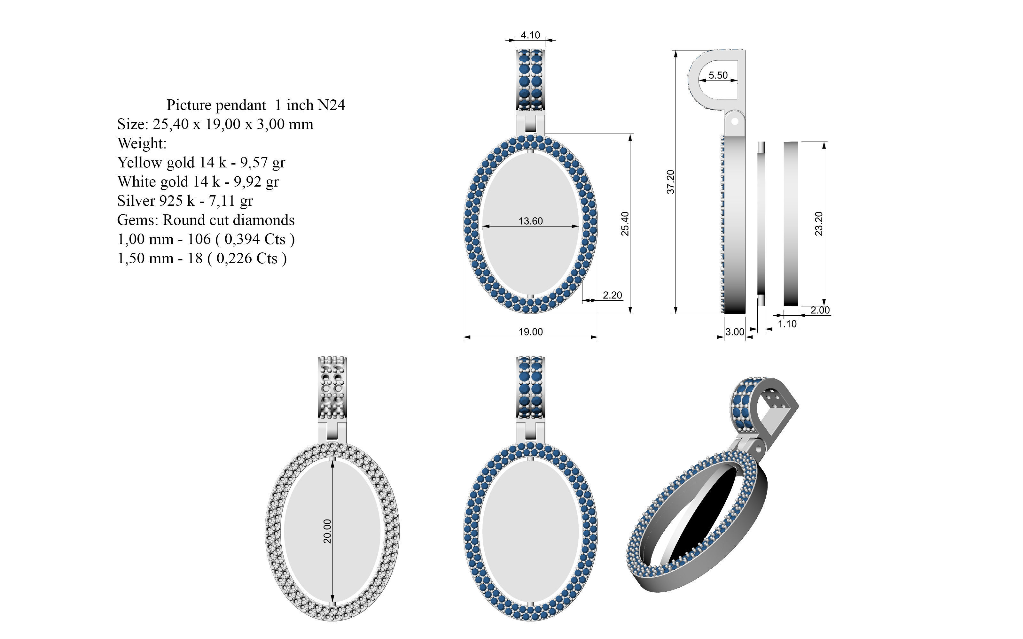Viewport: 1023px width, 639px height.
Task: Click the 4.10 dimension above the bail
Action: click(x=530, y=35)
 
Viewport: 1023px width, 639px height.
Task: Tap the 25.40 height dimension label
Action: click(x=625, y=224)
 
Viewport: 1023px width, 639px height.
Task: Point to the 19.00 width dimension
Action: click(x=531, y=332)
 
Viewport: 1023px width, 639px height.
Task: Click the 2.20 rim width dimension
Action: click(x=612, y=295)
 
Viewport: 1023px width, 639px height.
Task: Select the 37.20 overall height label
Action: click(x=670, y=182)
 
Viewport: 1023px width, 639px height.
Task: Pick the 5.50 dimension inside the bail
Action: click(x=718, y=75)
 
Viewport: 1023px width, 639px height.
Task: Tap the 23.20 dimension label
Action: click(x=819, y=224)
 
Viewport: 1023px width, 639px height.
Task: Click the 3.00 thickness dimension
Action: click(x=735, y=332)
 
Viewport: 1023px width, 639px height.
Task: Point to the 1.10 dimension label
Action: click(x=787, y=324)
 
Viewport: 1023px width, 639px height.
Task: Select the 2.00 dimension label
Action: click(x=820, y=310)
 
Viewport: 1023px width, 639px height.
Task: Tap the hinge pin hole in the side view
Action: click(x=735, y=121)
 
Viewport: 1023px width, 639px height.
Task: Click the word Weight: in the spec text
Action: click(x=142, y=143)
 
